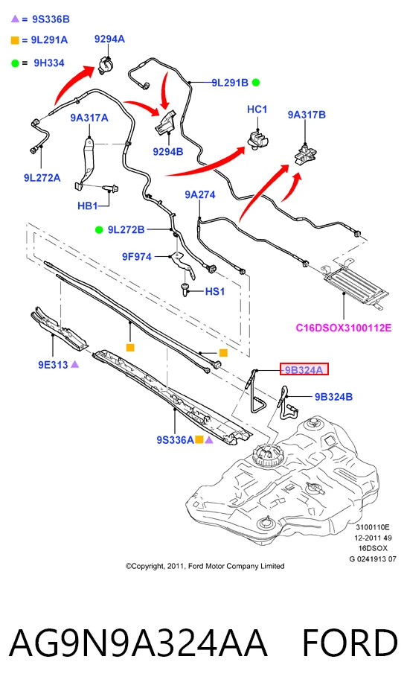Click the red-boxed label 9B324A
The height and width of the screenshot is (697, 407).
coord(304,369)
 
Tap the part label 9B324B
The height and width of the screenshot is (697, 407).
coord(333,396)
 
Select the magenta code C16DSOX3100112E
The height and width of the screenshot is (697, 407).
coord(344,328)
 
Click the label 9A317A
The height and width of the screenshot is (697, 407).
coord(89,118)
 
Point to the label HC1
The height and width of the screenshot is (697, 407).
coord(257,109)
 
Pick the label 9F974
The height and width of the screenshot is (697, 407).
coord(137,256)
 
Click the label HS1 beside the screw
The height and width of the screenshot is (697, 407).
coord(215,292)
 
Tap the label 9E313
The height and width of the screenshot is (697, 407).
coord(53,364)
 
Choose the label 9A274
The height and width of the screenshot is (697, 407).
coord(200,194)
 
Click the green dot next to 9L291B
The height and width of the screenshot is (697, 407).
coord(255,82)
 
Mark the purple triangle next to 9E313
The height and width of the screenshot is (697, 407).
coord(74,364)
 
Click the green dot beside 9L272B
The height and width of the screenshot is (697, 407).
coord(99,230)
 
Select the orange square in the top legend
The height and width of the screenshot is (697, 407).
coord(15,40)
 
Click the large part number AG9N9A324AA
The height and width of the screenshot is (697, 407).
coord(138,643)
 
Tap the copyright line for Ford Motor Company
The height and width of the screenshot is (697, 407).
coord(205,566)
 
